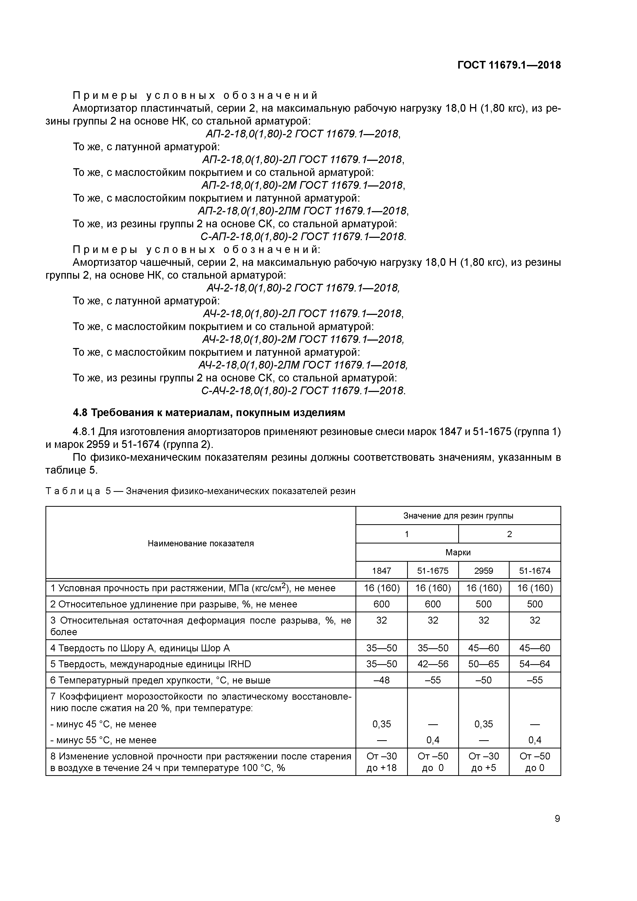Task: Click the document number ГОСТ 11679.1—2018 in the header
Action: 509,65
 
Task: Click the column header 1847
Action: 381,571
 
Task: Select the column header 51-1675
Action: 433,571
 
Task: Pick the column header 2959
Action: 484,571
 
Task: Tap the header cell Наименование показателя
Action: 201,543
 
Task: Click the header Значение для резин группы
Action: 458,516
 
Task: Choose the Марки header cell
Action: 458,552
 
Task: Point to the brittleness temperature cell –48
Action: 381,680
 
